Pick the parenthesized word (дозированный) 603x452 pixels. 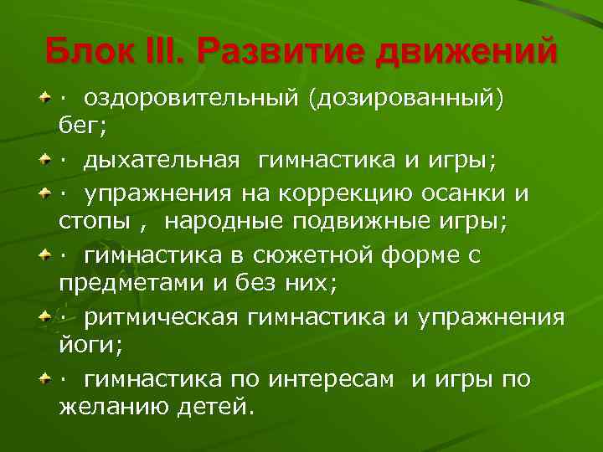[406, 99]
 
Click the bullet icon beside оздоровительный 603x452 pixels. [46, 100]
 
